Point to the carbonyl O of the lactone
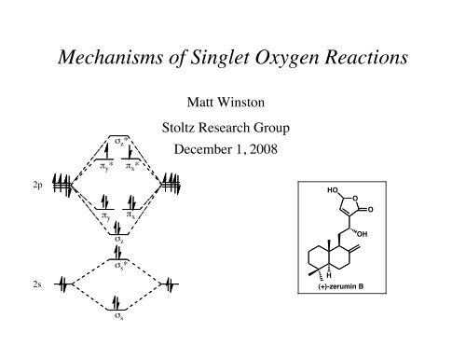click(x=396, y=208)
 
